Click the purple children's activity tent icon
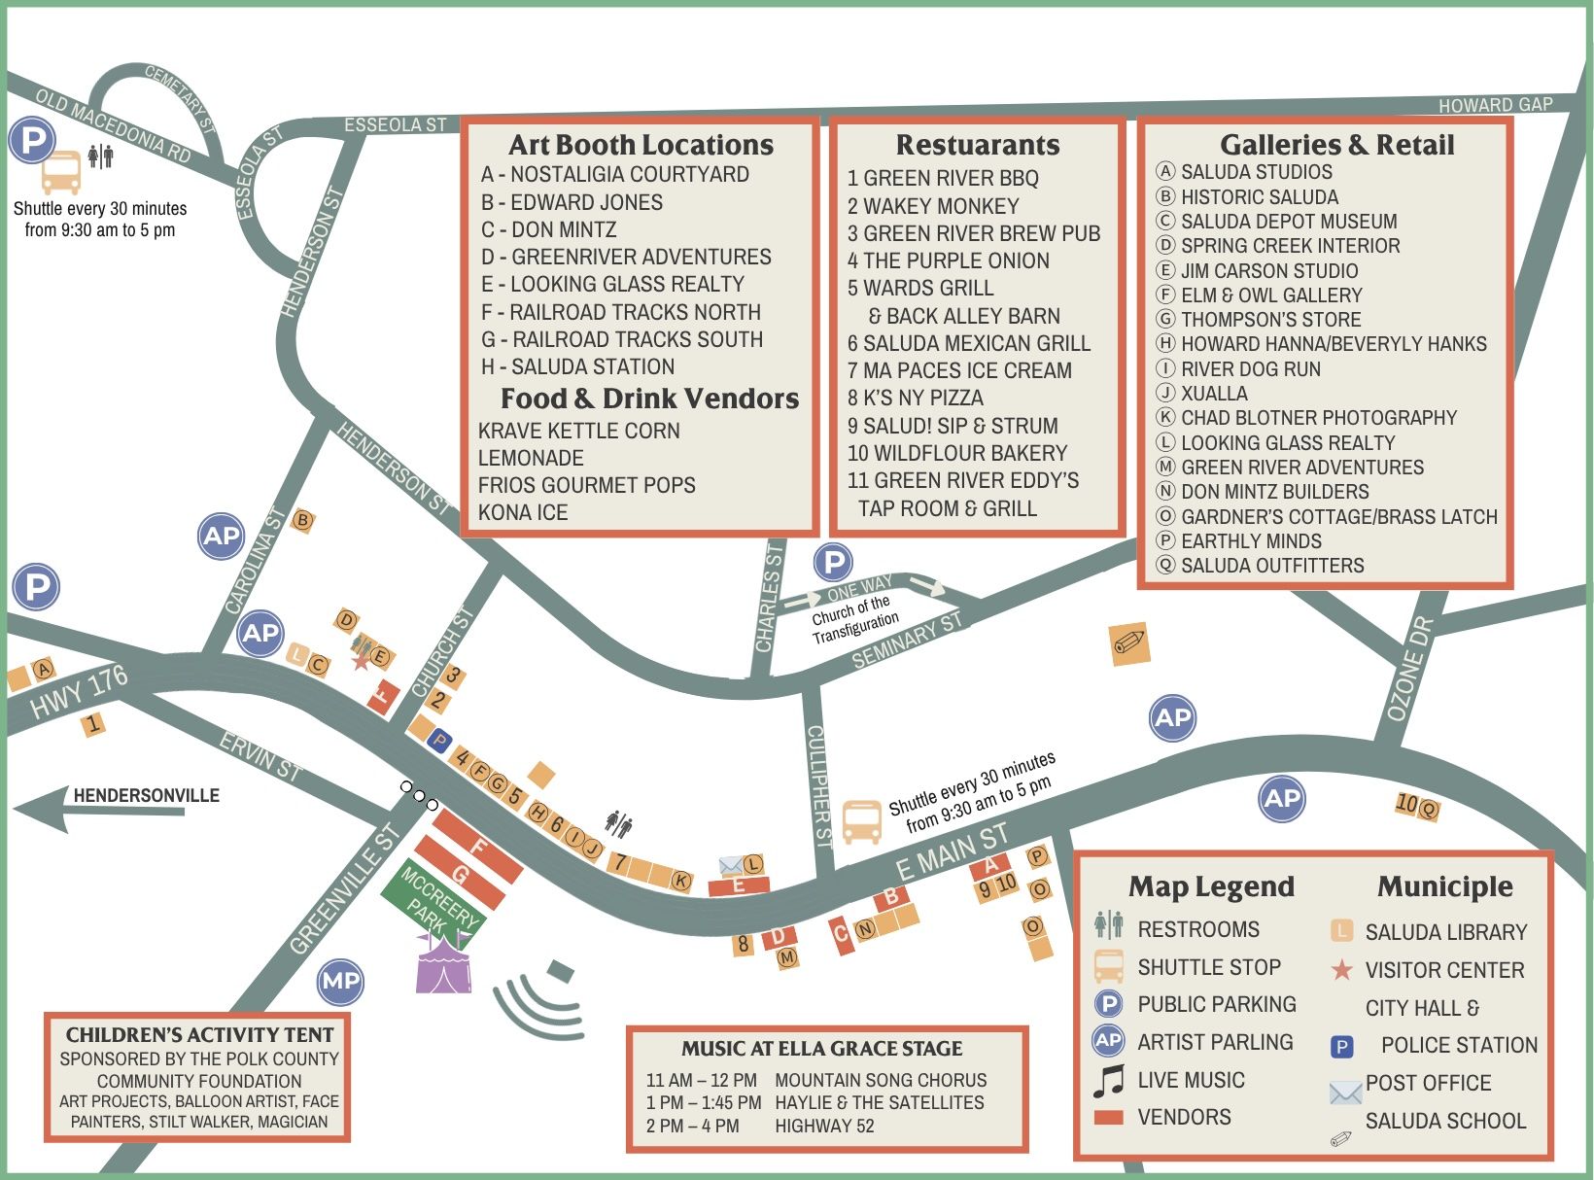pos(443,964)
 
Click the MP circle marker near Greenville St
pos(341,981)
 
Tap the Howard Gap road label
pos(1495,105)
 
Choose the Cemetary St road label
pos(180,98)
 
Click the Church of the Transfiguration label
pos(854,619)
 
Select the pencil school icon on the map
pos(1129,643)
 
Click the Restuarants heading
pos(977,145)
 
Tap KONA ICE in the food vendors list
pos(523,512)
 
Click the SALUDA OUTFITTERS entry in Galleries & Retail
pos(1271,566)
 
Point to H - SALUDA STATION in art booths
pos(577,366)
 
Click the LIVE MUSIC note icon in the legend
pos(1108,1080)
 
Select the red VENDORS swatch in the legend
pos(1108,1118)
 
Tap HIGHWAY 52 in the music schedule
pos(824,1127)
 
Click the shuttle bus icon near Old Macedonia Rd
pos(61,173)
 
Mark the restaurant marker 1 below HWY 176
pos(93,724)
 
